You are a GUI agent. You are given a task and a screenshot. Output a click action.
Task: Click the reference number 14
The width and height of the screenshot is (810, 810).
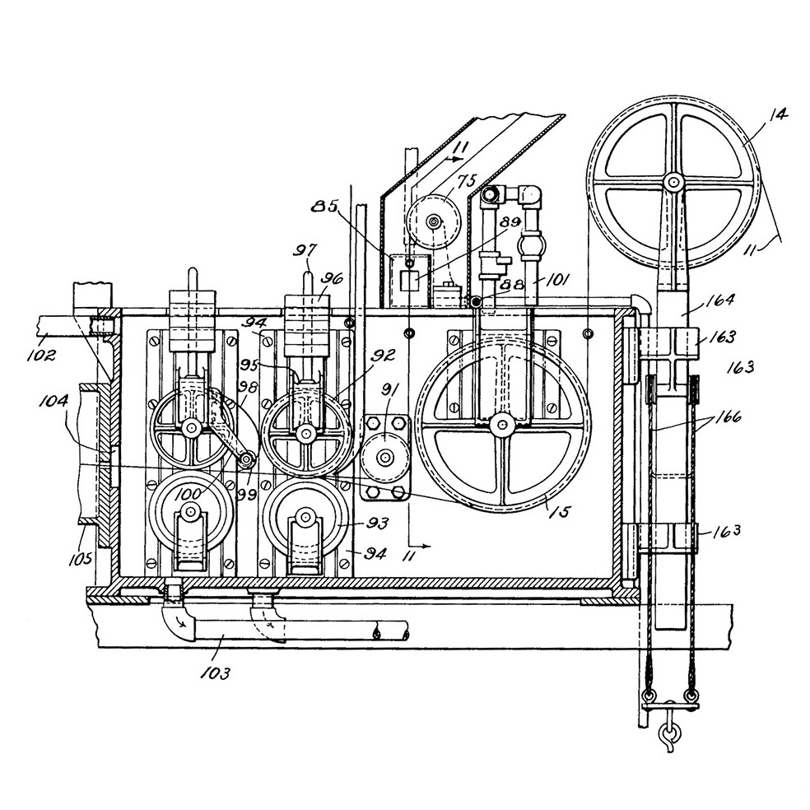click(x=778, y=114)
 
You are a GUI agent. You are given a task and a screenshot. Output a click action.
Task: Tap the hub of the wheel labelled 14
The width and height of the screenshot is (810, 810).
click(x=673, y=182)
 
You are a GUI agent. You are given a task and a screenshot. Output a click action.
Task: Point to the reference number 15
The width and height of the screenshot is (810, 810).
click(x=559, y=511)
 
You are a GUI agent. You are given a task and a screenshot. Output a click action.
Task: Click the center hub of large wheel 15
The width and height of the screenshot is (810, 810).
click(x=501, y=425)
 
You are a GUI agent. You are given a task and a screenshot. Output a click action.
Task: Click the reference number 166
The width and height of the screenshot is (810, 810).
click(x=725, y=417)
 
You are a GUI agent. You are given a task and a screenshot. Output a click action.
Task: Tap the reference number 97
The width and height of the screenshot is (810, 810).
click(x=306, y=249)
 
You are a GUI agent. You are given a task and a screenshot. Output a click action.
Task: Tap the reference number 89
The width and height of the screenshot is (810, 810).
click(x=510, y=222)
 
